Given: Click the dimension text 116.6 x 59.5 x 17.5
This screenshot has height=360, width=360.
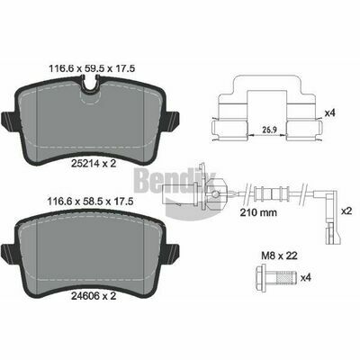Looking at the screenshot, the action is pyautogui.click(x=92, y=68).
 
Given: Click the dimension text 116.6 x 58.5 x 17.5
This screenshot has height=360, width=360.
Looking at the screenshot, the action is pyautogui.click(x=90, y=201).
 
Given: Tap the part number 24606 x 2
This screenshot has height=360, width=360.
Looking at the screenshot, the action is pyautogui.click(x=94, y=296).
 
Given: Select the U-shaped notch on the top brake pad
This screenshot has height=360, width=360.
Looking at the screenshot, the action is pyautogui.click(x=90, y=84).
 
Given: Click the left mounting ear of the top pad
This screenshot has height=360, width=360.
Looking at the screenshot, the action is pyautogui.click(x=8, y=120).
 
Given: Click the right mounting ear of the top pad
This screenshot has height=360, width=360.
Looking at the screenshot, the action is pyautogui.click(x=172, y=120).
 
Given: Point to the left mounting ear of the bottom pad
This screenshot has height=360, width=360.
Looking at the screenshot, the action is pyautogui.click(x=8, y=252).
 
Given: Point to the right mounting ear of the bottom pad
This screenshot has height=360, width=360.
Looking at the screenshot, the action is pyautogui.click(x=172, y=252).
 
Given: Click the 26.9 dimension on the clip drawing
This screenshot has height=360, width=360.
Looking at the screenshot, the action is pyautogui.click(x=269, y=130).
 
